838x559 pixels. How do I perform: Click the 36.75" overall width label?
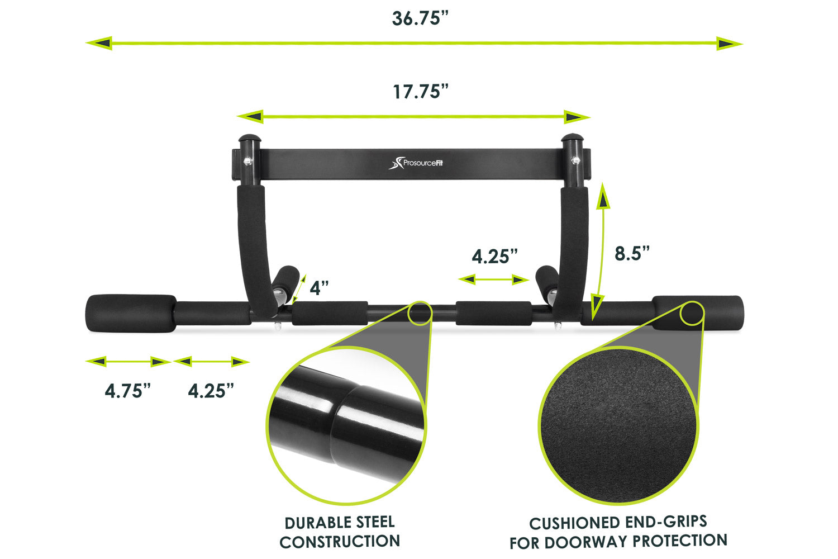point(420,18)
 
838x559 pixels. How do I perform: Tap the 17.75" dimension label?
point(421,92)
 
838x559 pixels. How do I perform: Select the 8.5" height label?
point(632,253)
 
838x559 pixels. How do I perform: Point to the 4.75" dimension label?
point(127,391)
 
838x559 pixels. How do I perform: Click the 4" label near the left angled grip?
point(319,288)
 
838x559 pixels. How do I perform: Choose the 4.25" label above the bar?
point(494,257)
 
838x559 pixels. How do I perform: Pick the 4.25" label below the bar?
point(211,391)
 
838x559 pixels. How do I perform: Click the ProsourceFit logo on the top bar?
point(416,163)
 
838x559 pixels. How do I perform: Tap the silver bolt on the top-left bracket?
point(247,162)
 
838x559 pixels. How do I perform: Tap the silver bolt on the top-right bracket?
point(575,160)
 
